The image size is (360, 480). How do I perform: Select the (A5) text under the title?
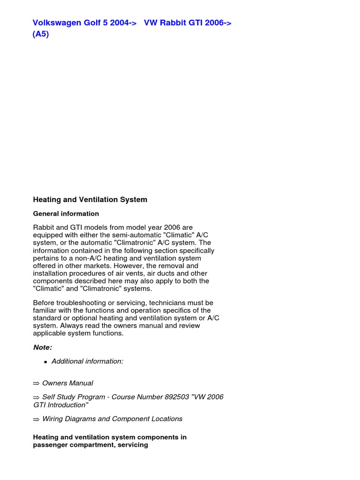point(41,34)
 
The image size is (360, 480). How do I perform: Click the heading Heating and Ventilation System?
point(90,200)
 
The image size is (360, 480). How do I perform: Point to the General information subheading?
point(66,214)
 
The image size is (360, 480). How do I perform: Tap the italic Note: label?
point(43,347)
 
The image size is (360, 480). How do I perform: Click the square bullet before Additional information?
point(45,362)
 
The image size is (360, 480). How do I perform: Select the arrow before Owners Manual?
point(36,383)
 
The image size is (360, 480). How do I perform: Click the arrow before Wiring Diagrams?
point(36,419)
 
